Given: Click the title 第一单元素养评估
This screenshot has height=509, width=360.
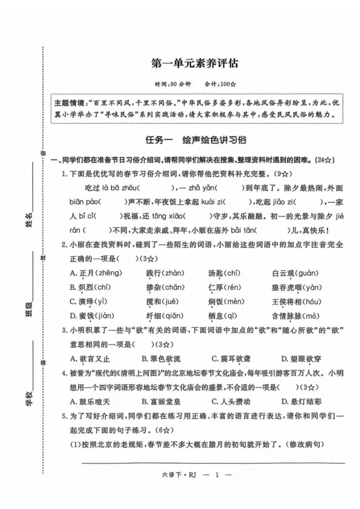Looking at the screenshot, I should tap(195, 63).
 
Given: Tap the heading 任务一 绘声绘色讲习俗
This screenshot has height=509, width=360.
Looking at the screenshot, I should tap(196, 138).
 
